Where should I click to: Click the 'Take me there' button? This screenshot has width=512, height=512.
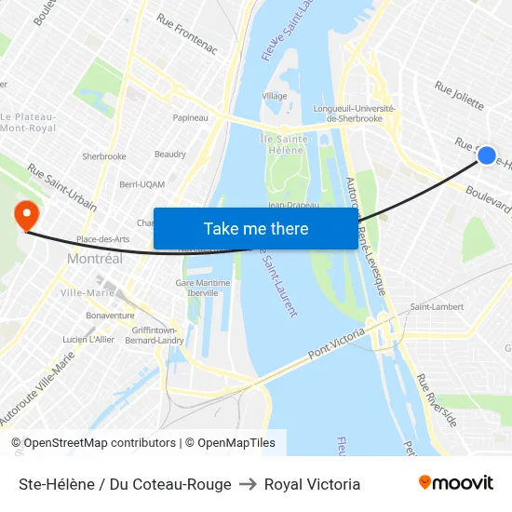[x=255, y=228]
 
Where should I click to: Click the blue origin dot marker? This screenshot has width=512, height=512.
[x=487, y=155]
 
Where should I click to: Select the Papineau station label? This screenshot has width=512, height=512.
[x=190, y=118]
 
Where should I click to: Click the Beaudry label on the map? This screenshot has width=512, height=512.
[x=170, y=154]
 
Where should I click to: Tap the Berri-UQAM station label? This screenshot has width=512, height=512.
[x=141, y=184]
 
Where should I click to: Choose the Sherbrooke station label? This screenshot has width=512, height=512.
[x=104, y=156]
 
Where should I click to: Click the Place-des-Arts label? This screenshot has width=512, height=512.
[x=102, y=239]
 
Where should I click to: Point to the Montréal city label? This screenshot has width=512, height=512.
[x=94, y=259]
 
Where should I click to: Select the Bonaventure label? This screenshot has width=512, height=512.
[x=110, y=316]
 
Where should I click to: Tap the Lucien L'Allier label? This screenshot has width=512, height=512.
[x=89, y=339]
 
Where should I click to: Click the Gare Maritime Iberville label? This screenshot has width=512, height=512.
[x=196, y=287]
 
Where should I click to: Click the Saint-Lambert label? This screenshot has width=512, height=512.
[x=437, y=306]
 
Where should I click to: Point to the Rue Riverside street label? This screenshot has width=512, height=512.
[x=437, y=401]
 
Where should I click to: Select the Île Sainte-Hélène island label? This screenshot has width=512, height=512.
[x=280, y=144]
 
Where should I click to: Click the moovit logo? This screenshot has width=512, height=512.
[x=455, y=483]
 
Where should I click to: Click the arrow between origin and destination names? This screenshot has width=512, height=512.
[x=248, y=484]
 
